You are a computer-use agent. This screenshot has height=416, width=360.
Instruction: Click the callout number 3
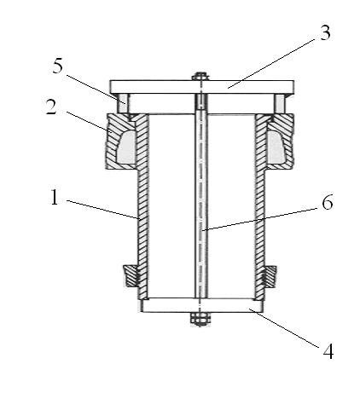click(325, 32)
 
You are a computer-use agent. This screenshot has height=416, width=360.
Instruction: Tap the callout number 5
click(57, 66)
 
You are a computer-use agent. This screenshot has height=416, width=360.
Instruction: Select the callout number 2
click(51, 107)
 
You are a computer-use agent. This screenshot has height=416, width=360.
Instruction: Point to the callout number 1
click(55, 197)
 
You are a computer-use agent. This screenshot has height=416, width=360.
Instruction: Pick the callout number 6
click(328, 203)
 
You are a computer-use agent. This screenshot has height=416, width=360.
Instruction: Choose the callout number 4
click(328, 352)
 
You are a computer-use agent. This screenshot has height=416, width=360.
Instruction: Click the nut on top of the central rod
click(200, 77)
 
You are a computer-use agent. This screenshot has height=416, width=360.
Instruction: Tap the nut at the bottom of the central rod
click(200, 319)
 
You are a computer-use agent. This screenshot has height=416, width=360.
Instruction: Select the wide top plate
click(202, 87)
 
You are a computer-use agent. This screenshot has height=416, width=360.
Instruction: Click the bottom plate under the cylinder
click(202, 305)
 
